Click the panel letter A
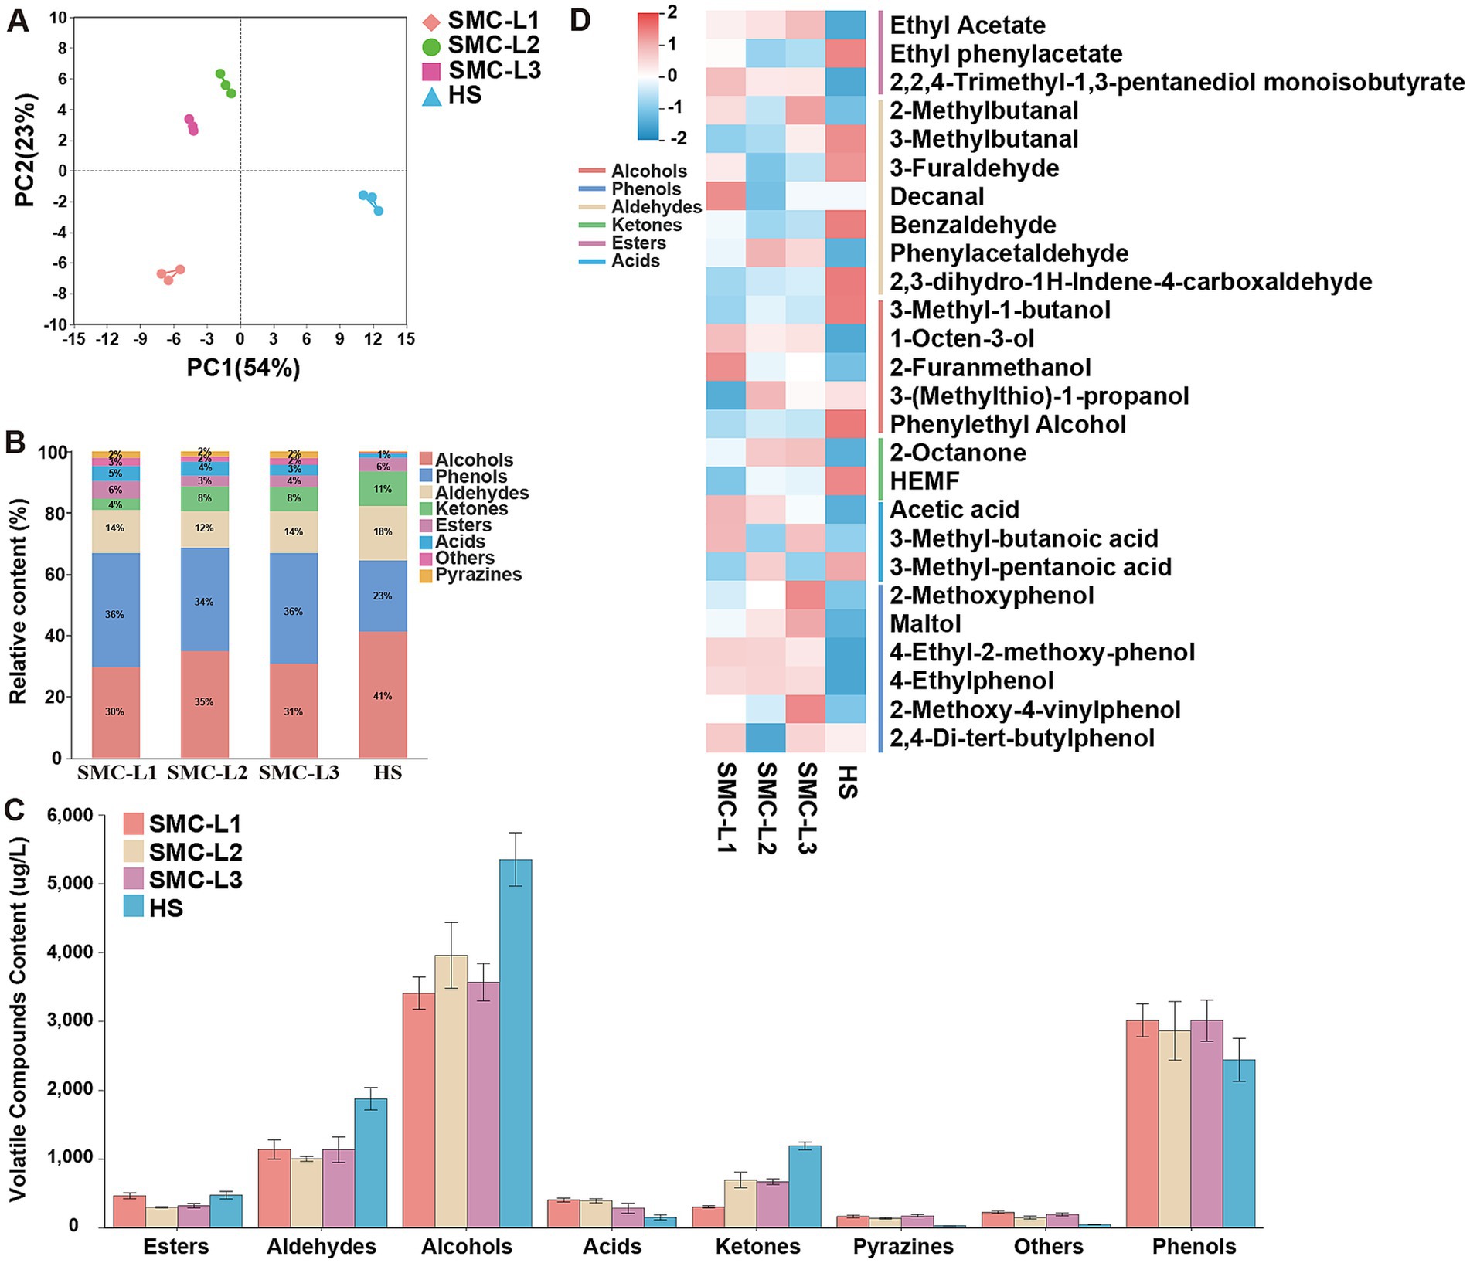point(19,20)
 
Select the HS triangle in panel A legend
point(433,97)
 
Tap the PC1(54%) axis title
point(243,368)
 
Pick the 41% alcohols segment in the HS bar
point(383,695)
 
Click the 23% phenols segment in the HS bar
point(383,596)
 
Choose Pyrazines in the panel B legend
point(478,575)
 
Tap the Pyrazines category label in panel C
point(903,1246)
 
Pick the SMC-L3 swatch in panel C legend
point(134,879)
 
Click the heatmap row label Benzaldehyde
point(972,225)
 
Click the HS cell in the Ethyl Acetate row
point(846,25)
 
